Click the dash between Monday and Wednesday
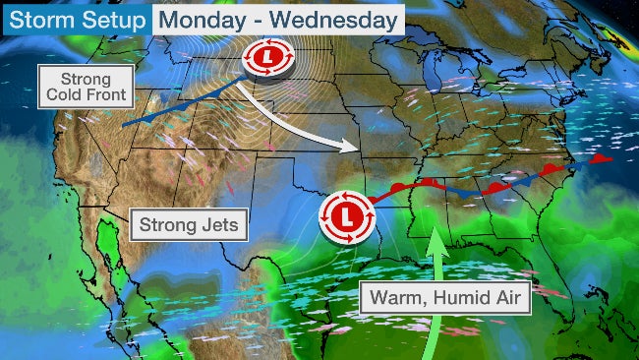tap(258, 20)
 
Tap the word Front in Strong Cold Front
tap(108, 95)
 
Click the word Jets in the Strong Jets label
tap(217, 225)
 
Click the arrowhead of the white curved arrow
tap(348, 148)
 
